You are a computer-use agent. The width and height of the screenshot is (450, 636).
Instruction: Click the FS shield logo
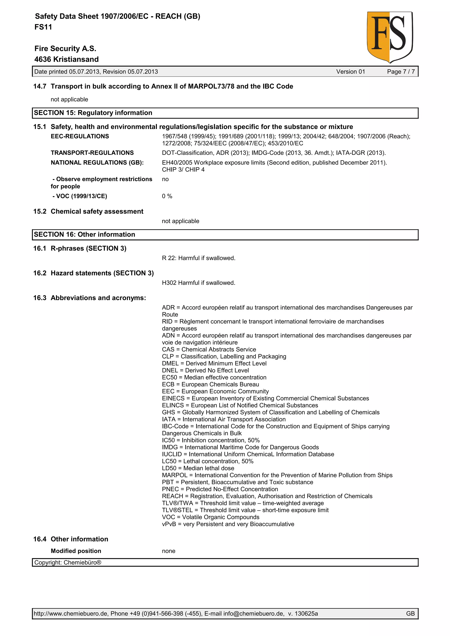click(x=390, y=37)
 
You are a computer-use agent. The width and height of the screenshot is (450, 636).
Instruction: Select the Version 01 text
click(x=350, y=72)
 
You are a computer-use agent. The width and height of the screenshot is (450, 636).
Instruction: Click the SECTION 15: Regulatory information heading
click(x=93, y=113)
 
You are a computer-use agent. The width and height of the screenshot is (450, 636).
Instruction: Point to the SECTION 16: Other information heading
click(x=84, y=234)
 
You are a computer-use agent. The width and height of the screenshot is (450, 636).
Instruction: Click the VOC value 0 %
click(x=167, y=196)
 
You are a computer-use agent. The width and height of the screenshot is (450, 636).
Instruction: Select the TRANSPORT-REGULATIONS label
click(x=92, y=153)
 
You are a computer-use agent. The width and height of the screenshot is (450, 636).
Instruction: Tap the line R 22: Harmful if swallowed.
click(x=198, y=258)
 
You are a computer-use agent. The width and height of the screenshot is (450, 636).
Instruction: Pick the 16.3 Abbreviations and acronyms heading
click(x=90, y=298)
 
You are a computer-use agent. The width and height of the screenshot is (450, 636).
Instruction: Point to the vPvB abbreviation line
click(x=228, y=524)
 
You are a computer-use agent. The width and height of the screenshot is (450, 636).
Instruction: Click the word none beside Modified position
click(x=169, y=551)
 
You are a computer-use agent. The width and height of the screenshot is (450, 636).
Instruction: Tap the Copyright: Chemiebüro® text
click(x=68, y=563)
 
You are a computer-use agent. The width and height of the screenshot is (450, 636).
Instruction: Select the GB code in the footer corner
click(x=410, y=614)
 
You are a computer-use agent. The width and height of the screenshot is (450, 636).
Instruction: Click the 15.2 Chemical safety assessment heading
click(x=88, y=211)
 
